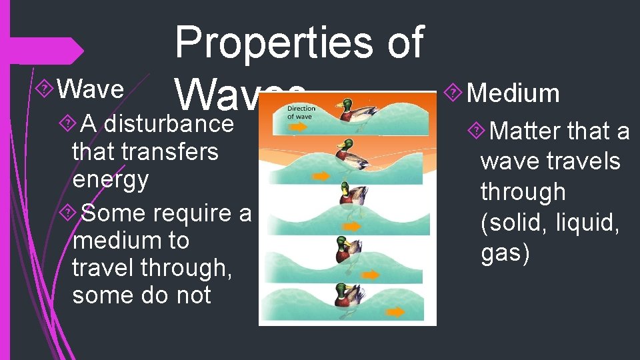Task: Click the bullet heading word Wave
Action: click(x=91, y=89)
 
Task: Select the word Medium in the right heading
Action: click(x=513, y=93)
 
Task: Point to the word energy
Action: click(x=111, y=179)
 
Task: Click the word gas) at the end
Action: click(x=505, y=252)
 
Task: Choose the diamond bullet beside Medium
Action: click(x=455, y=94)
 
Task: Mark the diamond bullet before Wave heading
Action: click(x=45, y=89)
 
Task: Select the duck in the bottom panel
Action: click(x=349, y=295)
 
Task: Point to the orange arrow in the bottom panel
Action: click(x=395, y=311)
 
